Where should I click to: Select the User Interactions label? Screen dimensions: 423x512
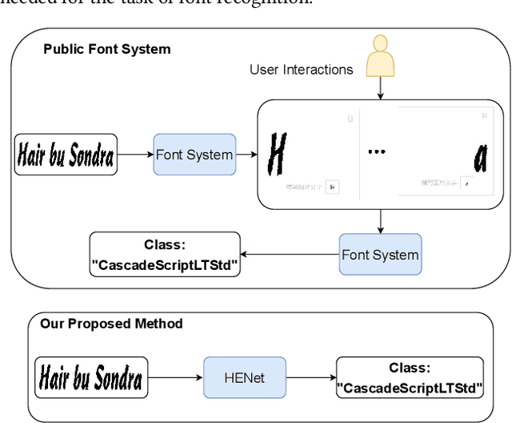pos(301,70)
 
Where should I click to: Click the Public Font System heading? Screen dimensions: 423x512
pos(106,49)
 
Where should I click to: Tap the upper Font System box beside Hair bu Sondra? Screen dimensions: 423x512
pos(194,155)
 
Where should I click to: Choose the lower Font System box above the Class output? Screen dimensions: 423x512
pos(380,255)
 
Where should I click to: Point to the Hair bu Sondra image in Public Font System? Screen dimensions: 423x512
pos(66,155)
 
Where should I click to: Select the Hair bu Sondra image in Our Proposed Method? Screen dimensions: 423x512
pos(90,377)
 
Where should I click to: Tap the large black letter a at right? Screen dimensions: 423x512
pos(479,158)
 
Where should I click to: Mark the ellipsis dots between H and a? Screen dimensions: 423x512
pos(376,151)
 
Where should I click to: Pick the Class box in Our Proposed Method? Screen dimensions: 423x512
pos(410,377)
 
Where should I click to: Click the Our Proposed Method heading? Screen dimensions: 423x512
pos(111,324)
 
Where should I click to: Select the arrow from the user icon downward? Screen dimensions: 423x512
pos(380,90)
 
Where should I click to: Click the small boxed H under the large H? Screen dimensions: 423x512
pos(334,187)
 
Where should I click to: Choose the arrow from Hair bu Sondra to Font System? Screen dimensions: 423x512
pos(135,155)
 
